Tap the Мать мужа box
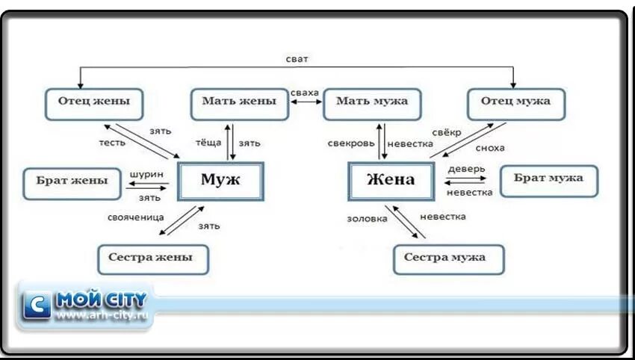371,103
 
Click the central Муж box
220,180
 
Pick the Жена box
391,181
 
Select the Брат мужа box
548,180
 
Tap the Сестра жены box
152,258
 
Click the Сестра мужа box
448,258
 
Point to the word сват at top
297,58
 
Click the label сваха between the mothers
305,93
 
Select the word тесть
112,142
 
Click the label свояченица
135,217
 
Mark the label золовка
368,219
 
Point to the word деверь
467,169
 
